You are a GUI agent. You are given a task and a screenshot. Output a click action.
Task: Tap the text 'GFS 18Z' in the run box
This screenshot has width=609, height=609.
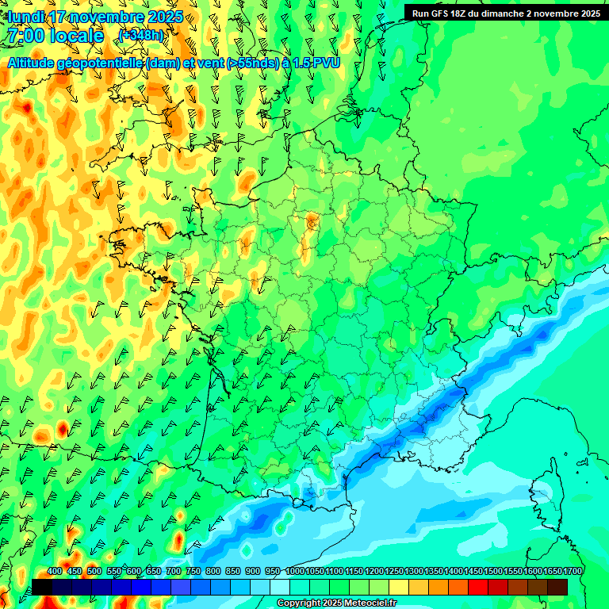450,13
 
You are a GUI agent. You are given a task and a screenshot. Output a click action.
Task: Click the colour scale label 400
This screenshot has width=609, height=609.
55,572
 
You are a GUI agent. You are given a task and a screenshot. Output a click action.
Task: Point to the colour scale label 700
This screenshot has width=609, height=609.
174,572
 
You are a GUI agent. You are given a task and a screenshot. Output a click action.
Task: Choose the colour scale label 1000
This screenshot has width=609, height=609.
295,572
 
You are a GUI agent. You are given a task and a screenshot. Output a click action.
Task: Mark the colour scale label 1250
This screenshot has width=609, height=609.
394,572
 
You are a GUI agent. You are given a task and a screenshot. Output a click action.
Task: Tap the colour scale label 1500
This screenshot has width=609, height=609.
493,572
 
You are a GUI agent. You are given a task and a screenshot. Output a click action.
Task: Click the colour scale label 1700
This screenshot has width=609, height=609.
573,572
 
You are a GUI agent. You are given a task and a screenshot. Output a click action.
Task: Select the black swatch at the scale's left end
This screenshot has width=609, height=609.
42,587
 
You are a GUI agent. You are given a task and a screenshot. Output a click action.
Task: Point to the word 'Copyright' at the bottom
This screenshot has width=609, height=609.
297,603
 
